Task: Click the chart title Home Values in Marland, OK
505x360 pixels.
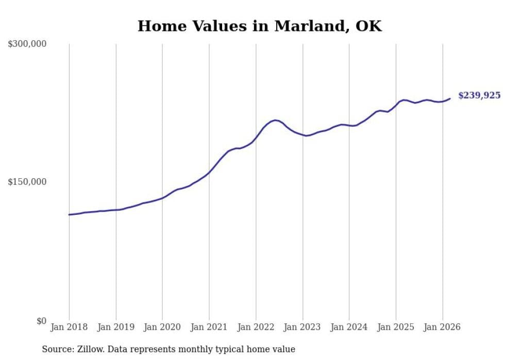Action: click(259, 26)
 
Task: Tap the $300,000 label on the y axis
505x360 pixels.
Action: click(27, 44)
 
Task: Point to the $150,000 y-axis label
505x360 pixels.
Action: click(27, 182)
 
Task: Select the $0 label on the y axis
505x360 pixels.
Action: click(41, 321)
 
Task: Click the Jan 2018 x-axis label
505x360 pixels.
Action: click(69, 327)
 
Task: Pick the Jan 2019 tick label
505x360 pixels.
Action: click(116, 327)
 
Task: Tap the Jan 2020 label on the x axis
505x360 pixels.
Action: click(162, 327)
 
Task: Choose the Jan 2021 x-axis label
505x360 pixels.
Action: click(209, 327)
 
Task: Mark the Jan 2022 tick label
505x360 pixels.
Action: click(256, 327)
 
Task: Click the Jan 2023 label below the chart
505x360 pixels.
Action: click(302, 327)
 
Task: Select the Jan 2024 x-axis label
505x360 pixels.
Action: click(349, 327)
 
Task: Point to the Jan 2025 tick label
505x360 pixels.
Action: click(396, 327)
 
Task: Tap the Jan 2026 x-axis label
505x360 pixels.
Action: click(443, 327)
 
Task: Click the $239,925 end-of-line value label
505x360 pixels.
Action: click(479, 95)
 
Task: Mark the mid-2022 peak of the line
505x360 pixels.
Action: click(276, 120)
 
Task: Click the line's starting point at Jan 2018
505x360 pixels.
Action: click(69, 214)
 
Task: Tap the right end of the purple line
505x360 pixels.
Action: click(450, 98)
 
